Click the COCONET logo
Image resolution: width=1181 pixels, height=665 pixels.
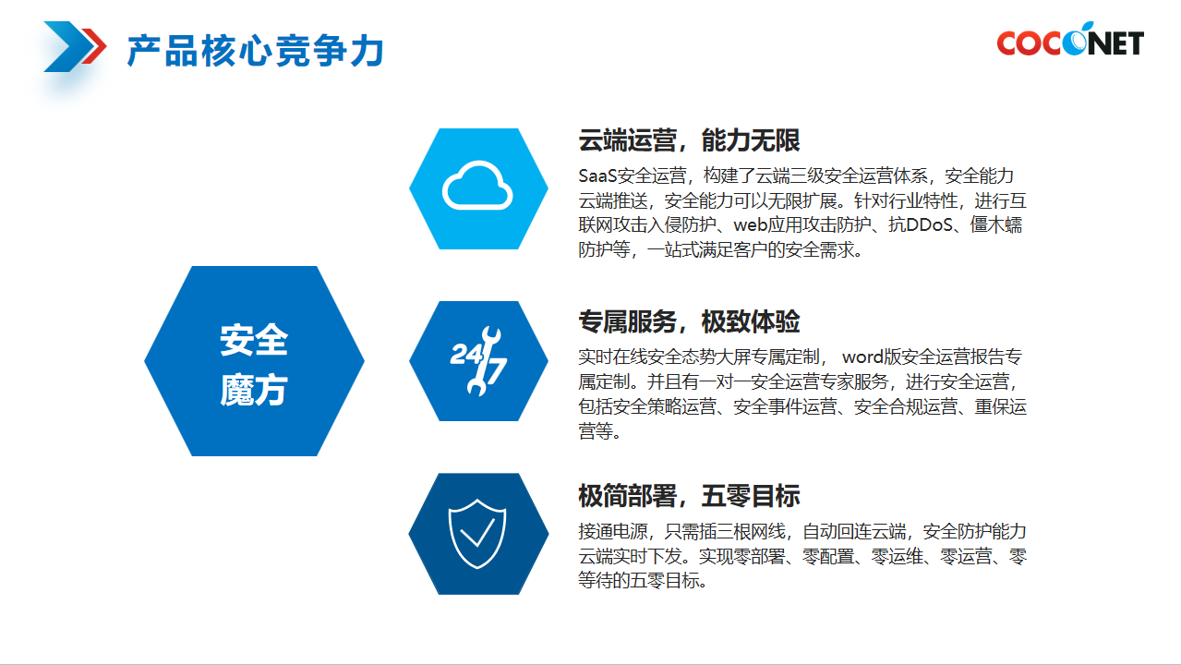[1070, 40]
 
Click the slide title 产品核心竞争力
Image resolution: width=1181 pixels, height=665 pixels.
[256, 51]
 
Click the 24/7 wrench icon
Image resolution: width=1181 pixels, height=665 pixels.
[478, 361]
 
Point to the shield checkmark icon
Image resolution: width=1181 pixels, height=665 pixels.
[477, 534]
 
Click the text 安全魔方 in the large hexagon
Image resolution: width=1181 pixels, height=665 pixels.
[254, 365]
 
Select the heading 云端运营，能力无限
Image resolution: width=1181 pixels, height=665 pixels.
[689, 140]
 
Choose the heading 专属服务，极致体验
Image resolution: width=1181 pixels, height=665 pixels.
[689, 321]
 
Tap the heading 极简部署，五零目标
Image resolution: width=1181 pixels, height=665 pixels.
[689, 495]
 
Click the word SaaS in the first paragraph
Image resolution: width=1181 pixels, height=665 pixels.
[597, 175]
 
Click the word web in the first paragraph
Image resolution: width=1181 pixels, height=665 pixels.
[750, 225]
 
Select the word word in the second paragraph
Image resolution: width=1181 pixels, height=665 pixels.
[862, 357]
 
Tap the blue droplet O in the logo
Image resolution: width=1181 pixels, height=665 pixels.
[1076, 40]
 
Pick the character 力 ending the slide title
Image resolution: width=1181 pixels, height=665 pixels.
[368, 51]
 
